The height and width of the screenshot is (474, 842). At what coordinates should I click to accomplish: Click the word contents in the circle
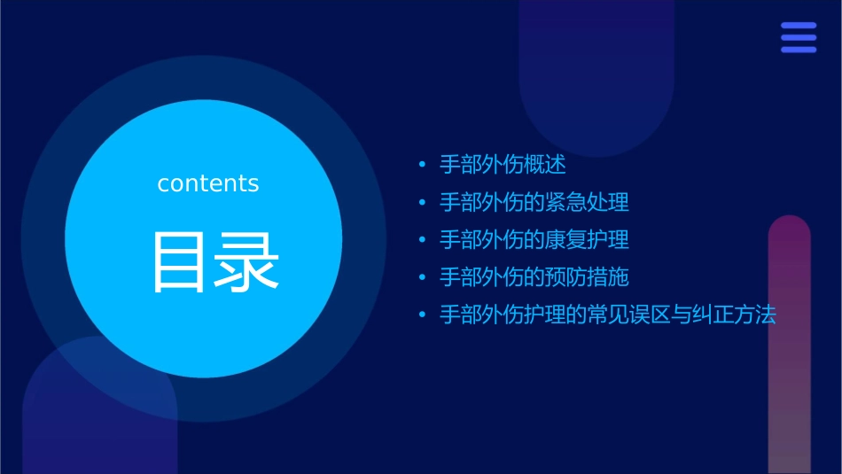pyautogui.click(x=208, y=183)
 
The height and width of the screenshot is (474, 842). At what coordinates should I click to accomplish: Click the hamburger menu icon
pyautogui.click(x=798, y=37)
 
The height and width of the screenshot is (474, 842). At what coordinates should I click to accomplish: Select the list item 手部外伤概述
pyautogui.click(x=503, y=165)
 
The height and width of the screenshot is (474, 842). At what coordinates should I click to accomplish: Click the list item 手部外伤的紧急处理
pyautogui.click(x=534, y=202)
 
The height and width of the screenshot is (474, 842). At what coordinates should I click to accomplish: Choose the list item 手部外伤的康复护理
pyautogui.click(x=534, y=239)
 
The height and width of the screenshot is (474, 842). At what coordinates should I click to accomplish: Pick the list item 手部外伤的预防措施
pyautogui.click(x=534, y=276)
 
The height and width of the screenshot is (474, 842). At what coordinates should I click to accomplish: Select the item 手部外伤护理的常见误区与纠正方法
pyautogui.click(x=607, y=315)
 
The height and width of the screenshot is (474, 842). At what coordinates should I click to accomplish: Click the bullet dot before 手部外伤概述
pyautogui.click(x=422, y=166)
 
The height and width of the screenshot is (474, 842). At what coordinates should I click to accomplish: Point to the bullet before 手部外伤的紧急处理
pyautogui.click(x=422, y=203)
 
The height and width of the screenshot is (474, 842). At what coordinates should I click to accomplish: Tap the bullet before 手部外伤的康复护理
pyautogui.click(x=422, y=240)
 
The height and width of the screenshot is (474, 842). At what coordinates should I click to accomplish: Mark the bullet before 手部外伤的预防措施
pyautogui.click(x=422, y=277)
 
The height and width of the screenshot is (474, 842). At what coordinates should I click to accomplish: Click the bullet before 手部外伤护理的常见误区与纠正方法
pyautogui.click(x=422, y=315)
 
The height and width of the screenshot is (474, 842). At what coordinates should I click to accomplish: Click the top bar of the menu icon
pyautogui.click(x=798, y=26)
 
